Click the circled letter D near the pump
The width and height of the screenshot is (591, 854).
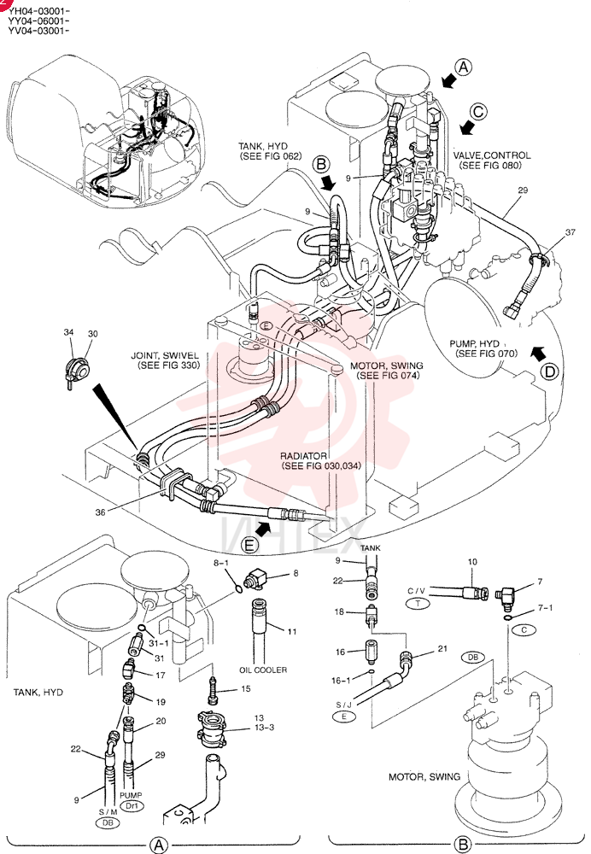(550, 372)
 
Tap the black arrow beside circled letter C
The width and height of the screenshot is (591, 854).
(466, 128)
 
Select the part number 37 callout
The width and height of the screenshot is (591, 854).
(570, 232)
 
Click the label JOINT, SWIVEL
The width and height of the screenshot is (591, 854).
(165, 355)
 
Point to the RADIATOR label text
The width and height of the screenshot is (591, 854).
(303, 455)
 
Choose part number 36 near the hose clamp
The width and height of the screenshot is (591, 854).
(100, 512)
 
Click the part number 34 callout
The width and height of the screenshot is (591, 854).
(68, 332)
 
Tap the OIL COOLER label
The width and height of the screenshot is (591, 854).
(263, 670)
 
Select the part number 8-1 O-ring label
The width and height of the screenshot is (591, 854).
(221, 563)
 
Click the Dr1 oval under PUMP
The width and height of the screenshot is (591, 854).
(131, 806)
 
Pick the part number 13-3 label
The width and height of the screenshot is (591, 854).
(264, 728)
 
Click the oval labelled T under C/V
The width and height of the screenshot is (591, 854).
(418, 603)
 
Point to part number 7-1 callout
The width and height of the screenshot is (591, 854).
(545, 608)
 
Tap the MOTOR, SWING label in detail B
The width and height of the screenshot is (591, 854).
(424, 776)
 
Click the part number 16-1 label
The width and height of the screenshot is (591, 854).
(340, 681)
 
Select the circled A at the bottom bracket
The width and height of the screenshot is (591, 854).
(159, 845)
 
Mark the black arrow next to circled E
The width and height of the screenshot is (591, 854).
(263, 527)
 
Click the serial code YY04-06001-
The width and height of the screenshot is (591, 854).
(38, 20)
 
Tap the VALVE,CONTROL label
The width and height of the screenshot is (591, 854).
(492, 155)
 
